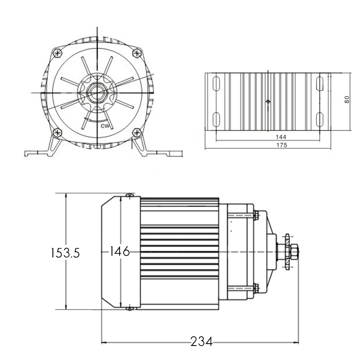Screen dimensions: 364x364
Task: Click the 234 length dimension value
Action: pyautogui.click(x=201, y=341)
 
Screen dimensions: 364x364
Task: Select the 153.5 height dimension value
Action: pyautogui.click(x=65, y=253)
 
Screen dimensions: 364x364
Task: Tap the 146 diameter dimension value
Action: pyautogui.click(x=120, y=251)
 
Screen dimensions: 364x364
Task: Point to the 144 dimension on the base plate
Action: pyautogui.click(x=281, y=137)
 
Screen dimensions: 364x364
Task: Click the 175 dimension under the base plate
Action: pyautogui.click(x=282, y=145)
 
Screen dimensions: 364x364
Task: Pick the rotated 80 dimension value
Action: pyautogui.click(x=347, y=100)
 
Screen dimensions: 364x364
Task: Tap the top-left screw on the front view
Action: pyautogui.click(x=57, y=53)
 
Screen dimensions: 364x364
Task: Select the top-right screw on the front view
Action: pyautogui.click(x=137, y=53)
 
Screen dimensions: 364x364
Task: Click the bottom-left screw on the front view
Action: pyautogui.click(x=57, y=133)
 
